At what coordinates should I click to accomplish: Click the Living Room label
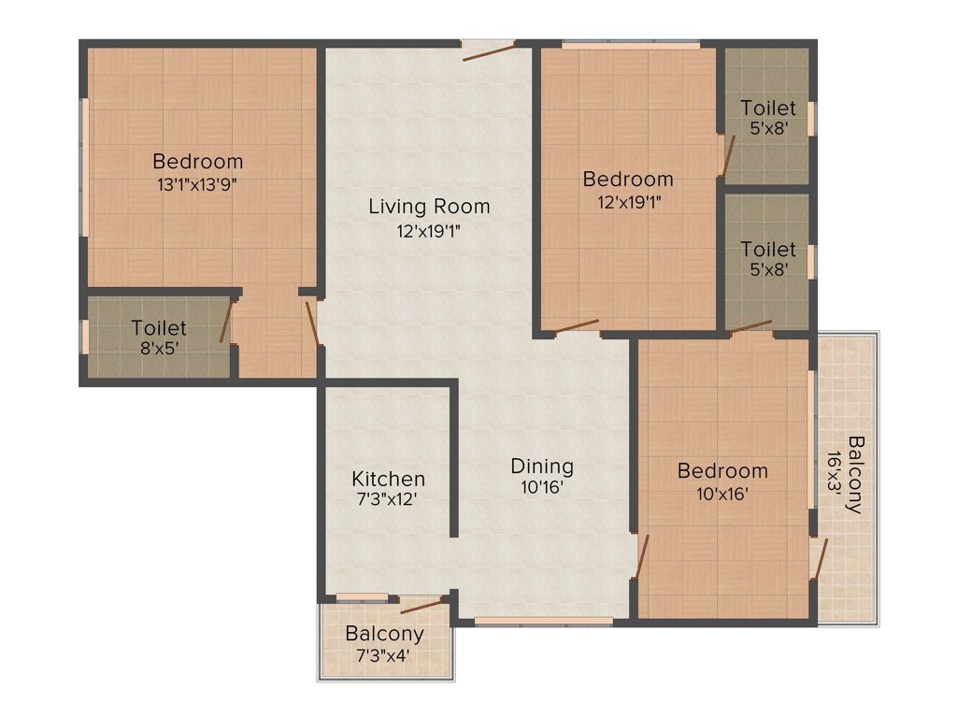point(428,207)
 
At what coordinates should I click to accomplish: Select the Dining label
point(542,466)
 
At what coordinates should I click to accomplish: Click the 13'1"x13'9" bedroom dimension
point(197,184)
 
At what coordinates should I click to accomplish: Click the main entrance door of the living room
point(489,50)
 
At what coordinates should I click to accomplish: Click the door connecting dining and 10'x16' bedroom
point(641,557)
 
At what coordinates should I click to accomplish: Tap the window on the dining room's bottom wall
point(530,621)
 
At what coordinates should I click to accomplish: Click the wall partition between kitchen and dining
point(455,458)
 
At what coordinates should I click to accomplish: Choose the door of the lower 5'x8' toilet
point(751,326)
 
